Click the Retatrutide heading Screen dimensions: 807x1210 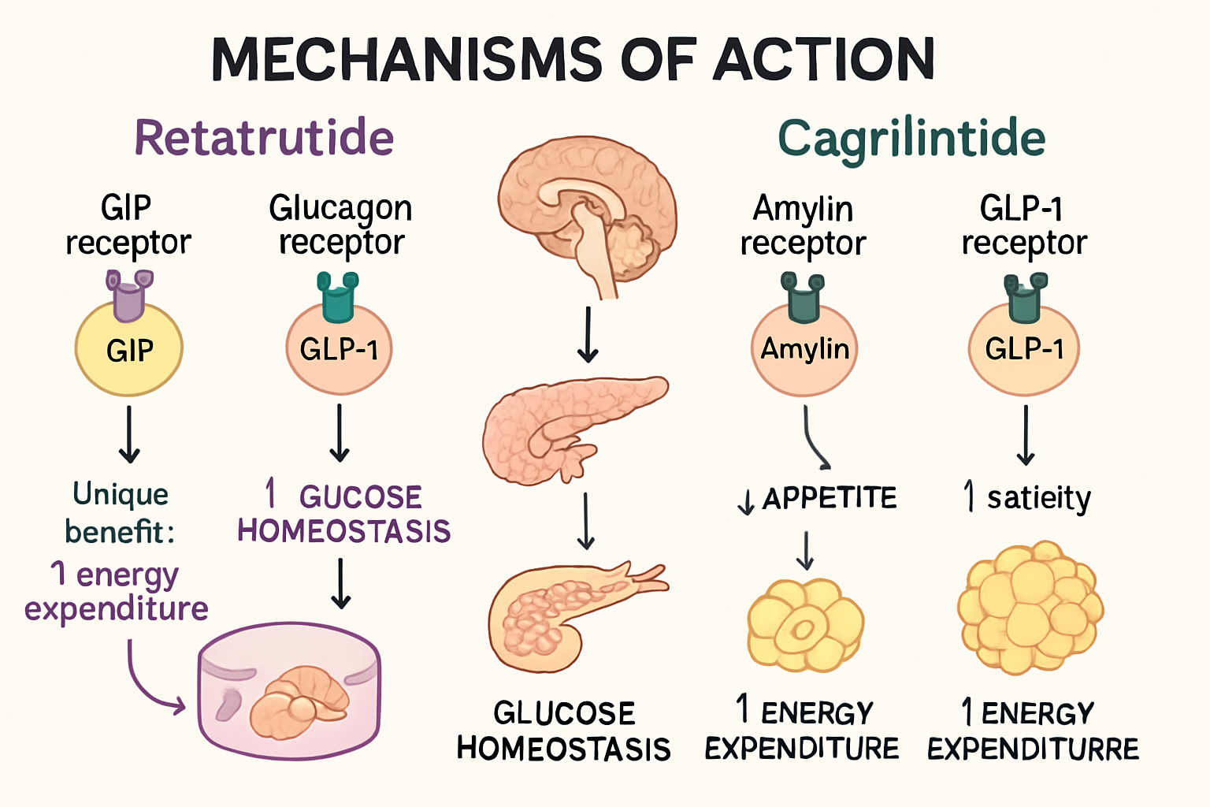tap(264, 138)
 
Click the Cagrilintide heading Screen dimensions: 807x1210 tap(911, 139)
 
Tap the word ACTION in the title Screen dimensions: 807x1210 tap(824, 60)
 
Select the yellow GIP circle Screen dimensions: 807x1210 tap(129, 350)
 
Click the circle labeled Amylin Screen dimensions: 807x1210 tap(804, 349)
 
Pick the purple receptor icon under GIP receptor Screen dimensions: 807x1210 tap(129, 294)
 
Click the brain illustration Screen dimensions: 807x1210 tap(587, 209)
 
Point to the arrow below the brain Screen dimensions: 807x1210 tap(588, 335)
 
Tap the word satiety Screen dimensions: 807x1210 tap(1038, 498)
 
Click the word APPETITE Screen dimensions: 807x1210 tap(830, 498)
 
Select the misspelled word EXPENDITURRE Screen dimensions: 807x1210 tap(1033, 749)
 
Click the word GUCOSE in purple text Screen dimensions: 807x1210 tap(360, 497)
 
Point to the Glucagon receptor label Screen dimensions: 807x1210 tap(340, 225)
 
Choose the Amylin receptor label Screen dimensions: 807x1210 tap(803, 226)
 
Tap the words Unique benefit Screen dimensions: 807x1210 tap(121, 513)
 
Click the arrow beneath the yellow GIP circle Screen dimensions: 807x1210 tap(129, 434)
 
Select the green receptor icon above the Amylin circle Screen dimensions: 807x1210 tap(803, 297)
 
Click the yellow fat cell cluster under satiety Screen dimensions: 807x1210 tap(1030, 608)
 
